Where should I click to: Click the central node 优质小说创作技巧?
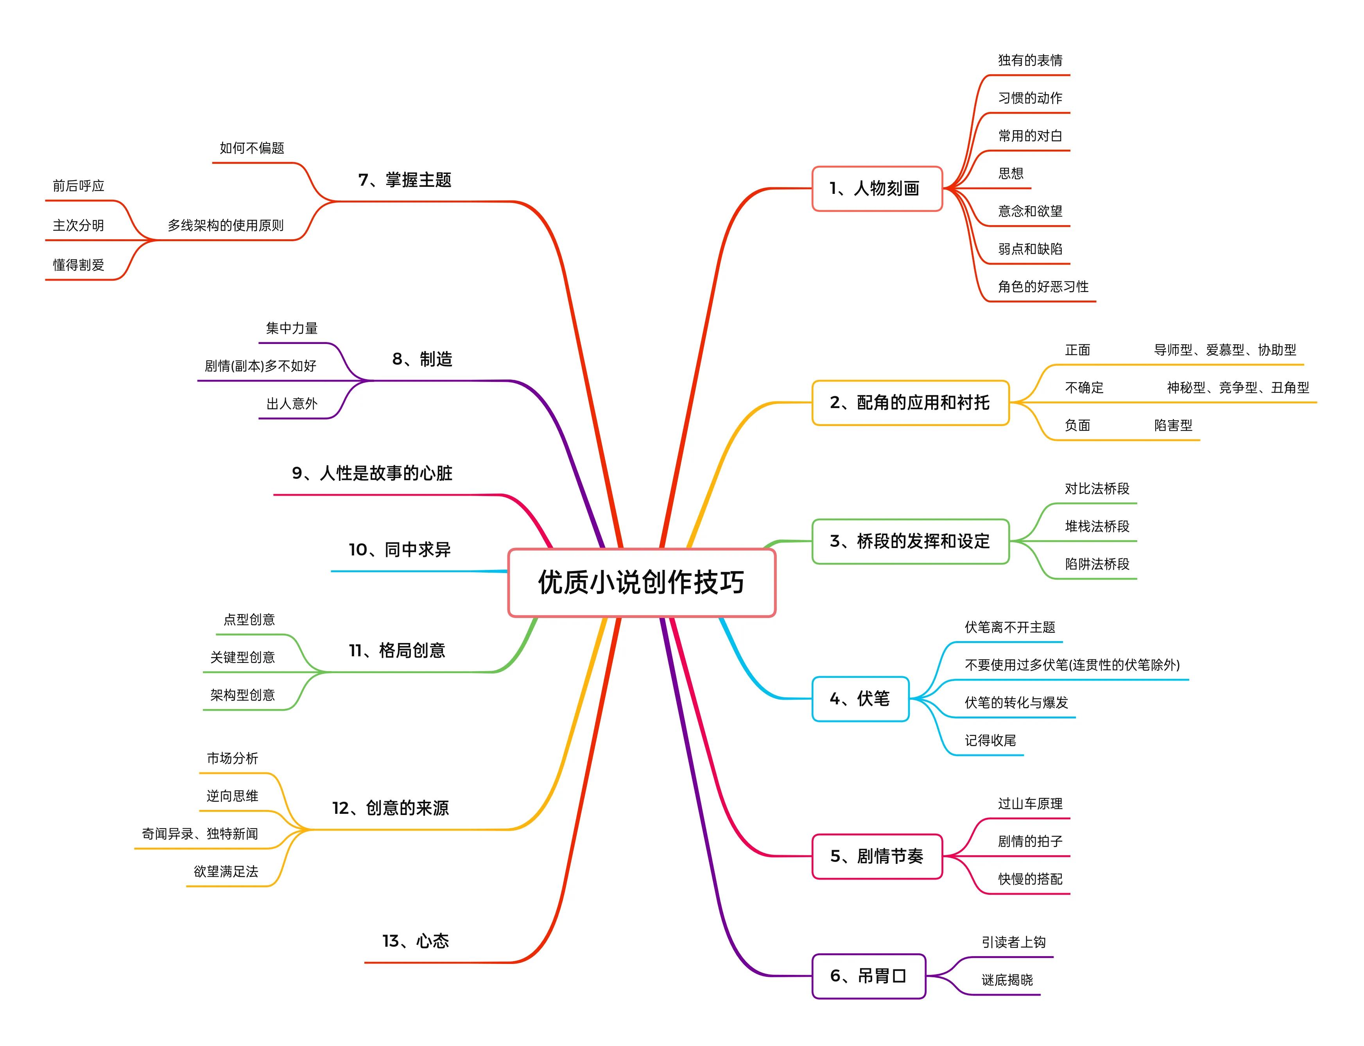tap(641, 582)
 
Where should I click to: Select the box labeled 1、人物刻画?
tap(876, 188)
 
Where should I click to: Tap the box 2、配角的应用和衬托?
tap(910, 402)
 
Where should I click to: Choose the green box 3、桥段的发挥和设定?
tap(910, 541)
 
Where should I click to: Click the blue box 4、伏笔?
tap(860, 699)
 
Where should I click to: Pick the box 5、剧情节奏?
tap(876, 856)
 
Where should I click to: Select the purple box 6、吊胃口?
tap(868, 976)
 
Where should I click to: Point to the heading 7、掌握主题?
tap(405, 180)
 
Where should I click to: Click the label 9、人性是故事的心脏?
tap(372, 473)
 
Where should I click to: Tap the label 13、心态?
tap(415, 941)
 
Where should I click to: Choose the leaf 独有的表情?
tap(1030, 61)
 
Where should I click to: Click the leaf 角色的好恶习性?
tap(1043, 287)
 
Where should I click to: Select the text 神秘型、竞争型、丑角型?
tap(1237, 387)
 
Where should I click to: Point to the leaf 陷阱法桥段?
tap(1096, 564)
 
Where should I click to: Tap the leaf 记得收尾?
tap(990, 740)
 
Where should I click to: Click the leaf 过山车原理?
tap(1030, 804)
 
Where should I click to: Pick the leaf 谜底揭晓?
tap(1007, 980)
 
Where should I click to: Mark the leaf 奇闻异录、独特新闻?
tap(200, 834)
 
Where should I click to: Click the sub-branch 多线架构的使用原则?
tap(225, 226)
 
